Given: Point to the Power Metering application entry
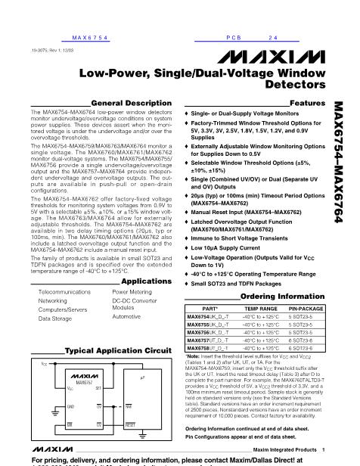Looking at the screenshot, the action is tap(129, 290).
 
